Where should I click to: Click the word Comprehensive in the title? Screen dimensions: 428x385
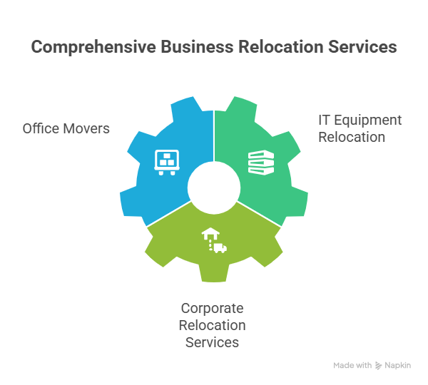pyautogui.click(x=93, y=47)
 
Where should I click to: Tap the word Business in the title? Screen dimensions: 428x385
pyautogui.click(x=197, y=46)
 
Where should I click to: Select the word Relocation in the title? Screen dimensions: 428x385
pyautogui.click(x=281, y=46)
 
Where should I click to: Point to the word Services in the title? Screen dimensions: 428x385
pyautogui.click(x=362, y=46)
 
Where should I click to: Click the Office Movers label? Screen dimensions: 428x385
pyautogui.click(x=66, y=128)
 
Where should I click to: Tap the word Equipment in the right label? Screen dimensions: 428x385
pyautogui.click(x=368, y=120)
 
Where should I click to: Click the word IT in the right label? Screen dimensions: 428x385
pyautogui.click(x=324, y=120)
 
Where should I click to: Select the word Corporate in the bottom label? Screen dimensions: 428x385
pyautogui.click(x=212, y=309)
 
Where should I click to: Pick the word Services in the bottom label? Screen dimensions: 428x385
pyautogui.click(x=212, y=342)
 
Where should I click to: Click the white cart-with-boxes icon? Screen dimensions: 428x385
pyautogui.click(x=167, y=162)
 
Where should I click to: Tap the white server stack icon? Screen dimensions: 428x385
pyautogui.click(x=261, y=163)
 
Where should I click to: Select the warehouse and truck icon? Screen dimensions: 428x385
pyautogui.click(x=214, y=240)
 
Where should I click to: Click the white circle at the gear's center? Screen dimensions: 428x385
pyautogui.click(x=214, y=188)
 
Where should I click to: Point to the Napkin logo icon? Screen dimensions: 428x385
pyautogui.click(x=378, y=366)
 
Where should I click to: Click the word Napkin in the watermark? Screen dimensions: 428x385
pyautogui.click(x=398, y=365)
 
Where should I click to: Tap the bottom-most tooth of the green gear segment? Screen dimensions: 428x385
pyautogui.click(x=214, y=273)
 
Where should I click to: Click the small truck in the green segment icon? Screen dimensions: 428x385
pyautogui.click(x=220, y=248)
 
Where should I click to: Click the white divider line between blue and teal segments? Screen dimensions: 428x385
pyautogui.click(x=214, y=136)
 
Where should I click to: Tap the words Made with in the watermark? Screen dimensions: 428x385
pyautogui.click(x=352, y=365)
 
